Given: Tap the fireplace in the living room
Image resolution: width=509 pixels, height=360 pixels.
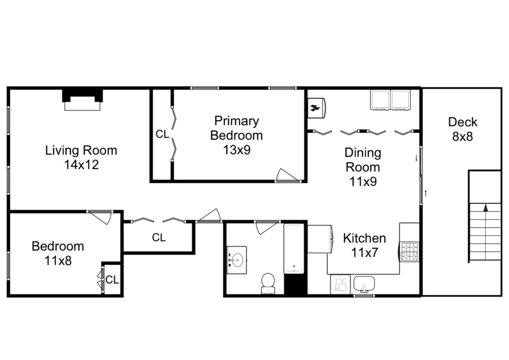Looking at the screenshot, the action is pyautogui.click(x=82, y=100).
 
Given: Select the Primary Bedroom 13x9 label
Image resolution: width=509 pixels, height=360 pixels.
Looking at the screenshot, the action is pyautogui.click(x=236, y=135).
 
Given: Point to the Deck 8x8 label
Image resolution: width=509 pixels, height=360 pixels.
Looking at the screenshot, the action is pyautogui.click(x=463, y=129).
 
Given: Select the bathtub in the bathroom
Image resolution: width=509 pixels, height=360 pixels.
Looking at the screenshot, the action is pyautogui.click(x=294, y=248).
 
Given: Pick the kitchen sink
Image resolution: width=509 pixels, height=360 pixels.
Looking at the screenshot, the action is pyautogui.click(x=364, y=284).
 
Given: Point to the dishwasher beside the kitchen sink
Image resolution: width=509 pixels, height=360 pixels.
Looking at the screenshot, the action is pyautogui.click(x=340, y=284).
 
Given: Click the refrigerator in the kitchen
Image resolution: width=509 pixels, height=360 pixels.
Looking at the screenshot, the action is pyautogui.click(x=320, y=239).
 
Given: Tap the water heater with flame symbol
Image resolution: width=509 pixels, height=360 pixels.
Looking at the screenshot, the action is pyautogui.click(x=317, y=108).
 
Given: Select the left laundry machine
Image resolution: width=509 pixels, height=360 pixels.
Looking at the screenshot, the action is pyautogui.click(x=380, y=100).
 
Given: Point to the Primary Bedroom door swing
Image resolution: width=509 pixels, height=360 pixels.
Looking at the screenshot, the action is pyautogui.click(x=287, y=175).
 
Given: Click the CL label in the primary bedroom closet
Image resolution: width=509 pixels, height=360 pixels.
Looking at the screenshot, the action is pyautogui.click(x=162, y=134).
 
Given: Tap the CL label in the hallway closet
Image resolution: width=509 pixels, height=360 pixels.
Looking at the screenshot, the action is pyautogui.click(x=159, y=238).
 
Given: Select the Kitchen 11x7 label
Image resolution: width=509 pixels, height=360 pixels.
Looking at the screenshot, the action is pyautogui.click(x=364, y=245).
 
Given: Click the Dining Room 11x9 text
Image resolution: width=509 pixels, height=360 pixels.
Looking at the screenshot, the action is pyautogui.click(x=363, y=167).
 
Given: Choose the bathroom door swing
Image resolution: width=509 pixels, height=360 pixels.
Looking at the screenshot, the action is pyautogui.click(x=267, y=227).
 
